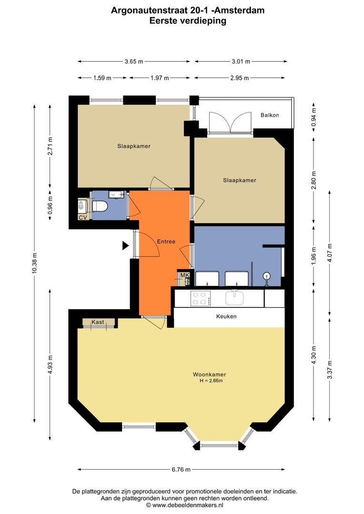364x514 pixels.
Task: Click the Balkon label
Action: click(x=270, y=115)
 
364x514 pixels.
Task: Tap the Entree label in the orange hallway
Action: click(x=166, y=242)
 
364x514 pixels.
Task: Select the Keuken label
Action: click(x=226, y=316)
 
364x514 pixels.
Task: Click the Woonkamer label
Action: click(x=210, y=375)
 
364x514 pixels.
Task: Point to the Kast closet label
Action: click(x=98, y=322)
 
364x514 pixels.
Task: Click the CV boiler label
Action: click(x=83, y=217)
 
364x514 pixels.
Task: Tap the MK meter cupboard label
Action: click(x=185, y=275)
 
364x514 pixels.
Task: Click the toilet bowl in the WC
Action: click(x=100, y=206)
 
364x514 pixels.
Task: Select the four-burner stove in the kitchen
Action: click(x=201, y=298)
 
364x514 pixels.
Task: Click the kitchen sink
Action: click(x=235, y=297)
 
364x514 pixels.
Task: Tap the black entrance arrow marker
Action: click(x=125, y=245)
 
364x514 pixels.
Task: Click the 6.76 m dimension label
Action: click(x=181, y=469)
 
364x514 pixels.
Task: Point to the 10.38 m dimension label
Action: click(x=34, y=264)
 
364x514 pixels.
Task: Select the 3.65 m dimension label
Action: click(x=134, y=61)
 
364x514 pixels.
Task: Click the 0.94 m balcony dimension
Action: click(x=313, y=117)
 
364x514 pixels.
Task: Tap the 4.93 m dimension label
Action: click(x=50, y=365)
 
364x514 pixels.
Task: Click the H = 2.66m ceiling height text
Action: click(x=212, y=381)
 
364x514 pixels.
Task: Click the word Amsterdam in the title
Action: click(x=240, y=10)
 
